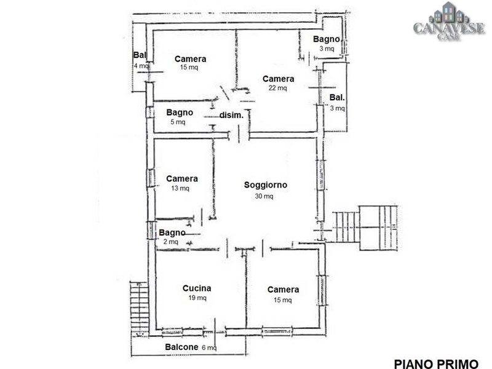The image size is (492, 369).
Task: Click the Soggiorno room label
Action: pos(266,185)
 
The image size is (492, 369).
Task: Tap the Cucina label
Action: pos(197,288)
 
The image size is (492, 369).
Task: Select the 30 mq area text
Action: pos(264,196)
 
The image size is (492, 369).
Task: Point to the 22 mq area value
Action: pos(278,88)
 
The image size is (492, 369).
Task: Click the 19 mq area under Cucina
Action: pos(197,298)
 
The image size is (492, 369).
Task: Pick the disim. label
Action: pos(232,115)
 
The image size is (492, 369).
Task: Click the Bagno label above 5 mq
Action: pos(180,113)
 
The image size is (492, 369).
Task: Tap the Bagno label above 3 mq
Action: pos(327,39)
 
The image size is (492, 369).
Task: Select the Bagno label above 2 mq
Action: pos(172,232)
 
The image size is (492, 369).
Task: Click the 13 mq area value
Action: pos(180,188)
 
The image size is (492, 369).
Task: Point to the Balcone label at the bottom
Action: pos(181,347)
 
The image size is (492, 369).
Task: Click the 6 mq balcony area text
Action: pos(209,347)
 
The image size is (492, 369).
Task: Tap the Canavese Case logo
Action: pos(449,22)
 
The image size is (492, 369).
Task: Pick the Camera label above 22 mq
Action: pos(279,79)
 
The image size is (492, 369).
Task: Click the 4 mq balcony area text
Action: pos(141,66)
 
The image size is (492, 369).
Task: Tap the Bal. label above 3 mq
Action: pos(337,98)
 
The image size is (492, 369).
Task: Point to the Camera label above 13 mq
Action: pos(182,178)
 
